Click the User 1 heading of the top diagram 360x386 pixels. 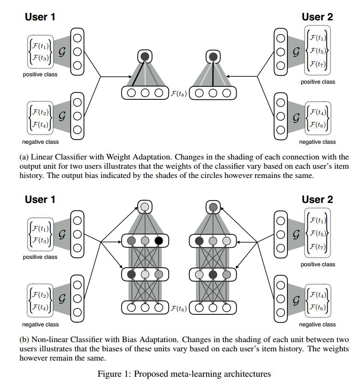[x=40, y=17]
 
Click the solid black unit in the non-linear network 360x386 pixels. [x=159, y=241]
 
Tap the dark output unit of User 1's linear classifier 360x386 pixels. [x=145, y=57]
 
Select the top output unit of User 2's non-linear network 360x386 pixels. [x=213, y=207]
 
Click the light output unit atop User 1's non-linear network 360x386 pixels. [x=145, y=207]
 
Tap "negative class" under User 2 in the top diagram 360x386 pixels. [x=317, y=142]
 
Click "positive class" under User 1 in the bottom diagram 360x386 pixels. [x=40, y=257]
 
